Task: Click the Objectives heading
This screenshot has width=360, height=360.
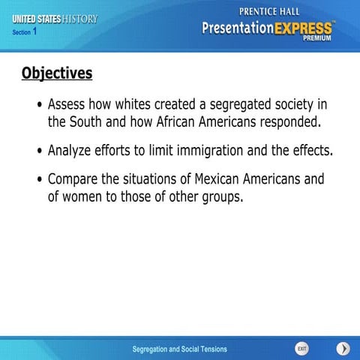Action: click(57, 73)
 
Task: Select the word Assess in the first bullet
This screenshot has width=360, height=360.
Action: click(68, 103)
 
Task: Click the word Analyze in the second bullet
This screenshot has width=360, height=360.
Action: click(72, 150)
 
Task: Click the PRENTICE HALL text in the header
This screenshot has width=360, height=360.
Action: click(272, 11)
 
